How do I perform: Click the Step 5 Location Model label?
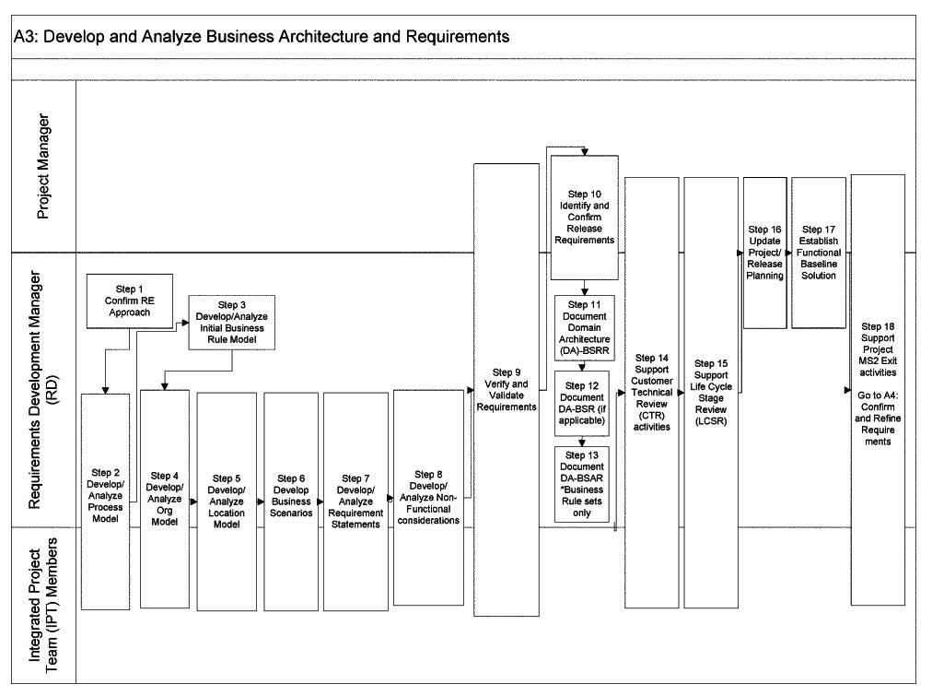coord(226,501)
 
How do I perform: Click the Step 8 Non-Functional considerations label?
coord(428,498)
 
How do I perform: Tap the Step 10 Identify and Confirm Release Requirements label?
coord(584,218)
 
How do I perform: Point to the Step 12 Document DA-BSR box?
coord(584,402)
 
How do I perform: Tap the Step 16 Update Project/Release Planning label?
coord(765,252)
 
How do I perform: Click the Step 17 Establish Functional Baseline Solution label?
coord(818,252)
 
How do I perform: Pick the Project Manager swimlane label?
coord(43,167)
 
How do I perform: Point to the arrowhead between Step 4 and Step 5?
coord(193,501)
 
